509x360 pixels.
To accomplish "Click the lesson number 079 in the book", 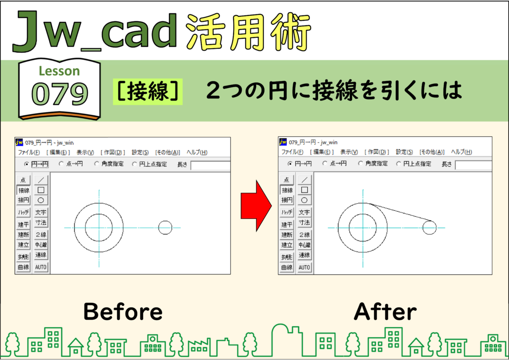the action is click(x=60, y=94).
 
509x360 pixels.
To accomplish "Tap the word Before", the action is click(x=123, y=311).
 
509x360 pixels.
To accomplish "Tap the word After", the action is click(x=385, y=311).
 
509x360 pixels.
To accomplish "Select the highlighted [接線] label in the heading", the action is click(x=148, y=91).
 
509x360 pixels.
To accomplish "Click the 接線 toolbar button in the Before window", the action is click(x=23, y=190).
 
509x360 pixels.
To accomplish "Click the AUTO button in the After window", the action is click(x=304, y=268).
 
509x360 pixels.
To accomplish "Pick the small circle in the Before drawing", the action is click(x=165, y=228).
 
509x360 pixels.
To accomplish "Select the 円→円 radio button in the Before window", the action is click(x=27, y=164).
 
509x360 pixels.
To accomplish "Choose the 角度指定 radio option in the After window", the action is click(x=360, y=164).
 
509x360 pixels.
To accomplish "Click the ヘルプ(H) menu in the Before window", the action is click(x=197, y=152).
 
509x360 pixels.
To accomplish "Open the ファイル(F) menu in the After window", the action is click(x=292, y=152).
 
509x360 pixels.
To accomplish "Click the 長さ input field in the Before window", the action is click(x=211, y=165).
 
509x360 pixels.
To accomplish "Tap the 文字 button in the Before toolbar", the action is click(x=41, y=212).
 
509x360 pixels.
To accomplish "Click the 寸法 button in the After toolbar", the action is click(x=304, y=222).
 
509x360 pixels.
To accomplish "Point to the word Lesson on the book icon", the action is click(x=59, y=71).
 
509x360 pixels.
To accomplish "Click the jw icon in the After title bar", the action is click(x=283, y=142).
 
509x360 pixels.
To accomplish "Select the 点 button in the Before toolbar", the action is click(x=23, y=180).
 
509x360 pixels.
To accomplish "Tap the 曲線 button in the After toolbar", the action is click(x=287, y=268).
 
